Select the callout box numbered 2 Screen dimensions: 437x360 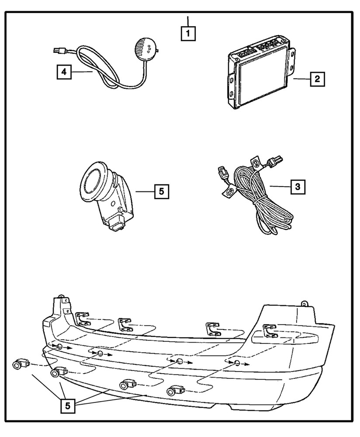(x=317, y=79)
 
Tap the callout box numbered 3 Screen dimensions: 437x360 (x=297, y=187)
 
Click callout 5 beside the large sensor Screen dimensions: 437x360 (x=160, y=191)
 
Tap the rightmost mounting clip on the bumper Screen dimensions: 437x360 (x=270, y=331)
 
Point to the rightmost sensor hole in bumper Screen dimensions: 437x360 (x=236, y=363)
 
